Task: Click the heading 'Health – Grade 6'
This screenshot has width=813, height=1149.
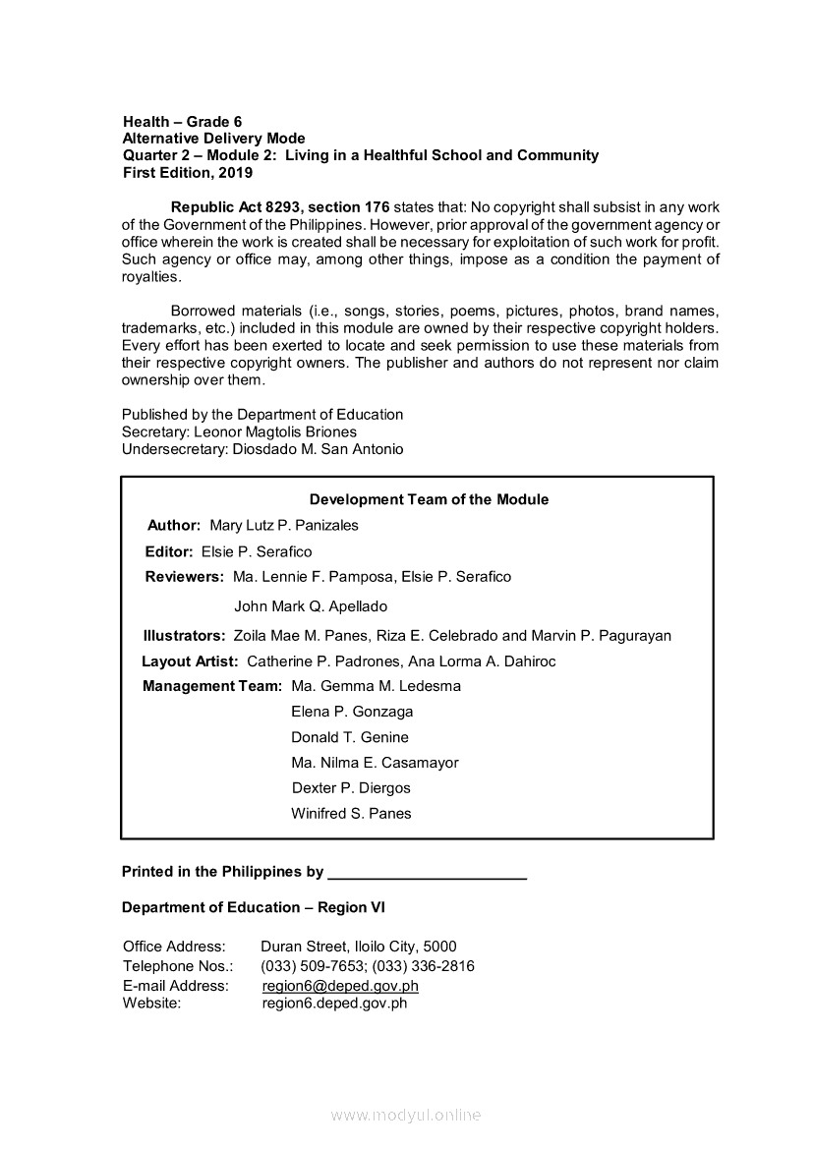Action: point(182,122)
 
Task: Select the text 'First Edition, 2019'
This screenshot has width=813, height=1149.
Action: point(187,173)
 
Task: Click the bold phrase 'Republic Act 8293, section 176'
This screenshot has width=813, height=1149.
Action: point(280,207)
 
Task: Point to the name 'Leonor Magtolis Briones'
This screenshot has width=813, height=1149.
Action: point(275,431)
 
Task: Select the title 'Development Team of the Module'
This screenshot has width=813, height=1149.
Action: point(429,499)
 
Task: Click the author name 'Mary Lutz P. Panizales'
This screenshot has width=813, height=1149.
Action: point(284,525)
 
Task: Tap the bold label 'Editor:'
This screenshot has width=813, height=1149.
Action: point(169,551)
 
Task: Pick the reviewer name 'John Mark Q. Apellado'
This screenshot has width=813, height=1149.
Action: point(311,606)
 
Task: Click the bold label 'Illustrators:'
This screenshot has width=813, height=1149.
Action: point(184,636)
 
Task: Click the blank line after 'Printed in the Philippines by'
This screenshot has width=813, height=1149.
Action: point(427,873)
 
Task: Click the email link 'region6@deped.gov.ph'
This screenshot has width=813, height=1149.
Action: point(340,986)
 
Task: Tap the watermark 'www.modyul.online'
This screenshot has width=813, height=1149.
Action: point(406,1115)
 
